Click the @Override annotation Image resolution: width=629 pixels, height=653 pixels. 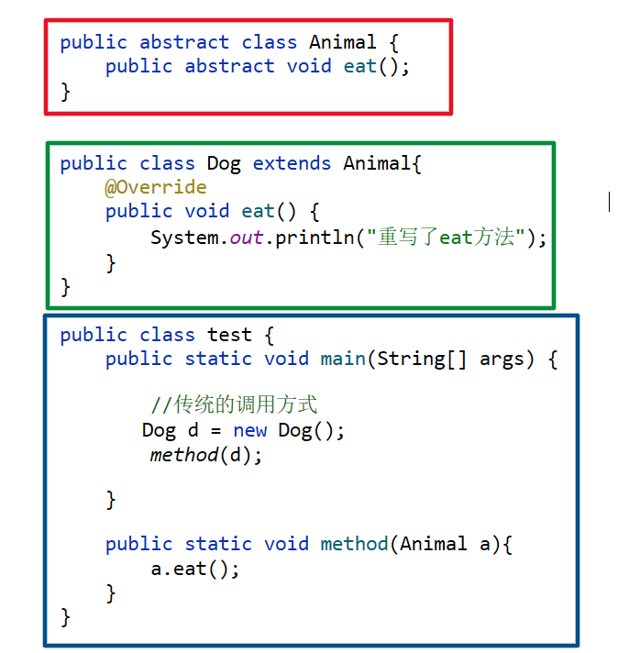(x=155, y=187)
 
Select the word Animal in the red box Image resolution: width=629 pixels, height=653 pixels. (x=342, y=42)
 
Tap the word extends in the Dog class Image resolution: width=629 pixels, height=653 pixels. (x=292, y=163)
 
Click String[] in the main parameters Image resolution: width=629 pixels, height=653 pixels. (x=422, y=359)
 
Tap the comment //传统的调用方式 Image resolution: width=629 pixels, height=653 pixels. (x=234, y=405)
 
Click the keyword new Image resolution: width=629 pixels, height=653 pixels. (x=250, y=430)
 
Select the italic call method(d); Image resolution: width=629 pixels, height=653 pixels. (x=206, y=455)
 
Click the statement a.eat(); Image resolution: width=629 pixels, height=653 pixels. (x=195, y=569)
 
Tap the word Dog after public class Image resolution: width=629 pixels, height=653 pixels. (x=223, y=163)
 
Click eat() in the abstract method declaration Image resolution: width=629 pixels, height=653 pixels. (x=370, y=66)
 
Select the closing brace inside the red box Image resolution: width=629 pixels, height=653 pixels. (x=65, y=90)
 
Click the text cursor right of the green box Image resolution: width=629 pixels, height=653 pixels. (x=609, y=201)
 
